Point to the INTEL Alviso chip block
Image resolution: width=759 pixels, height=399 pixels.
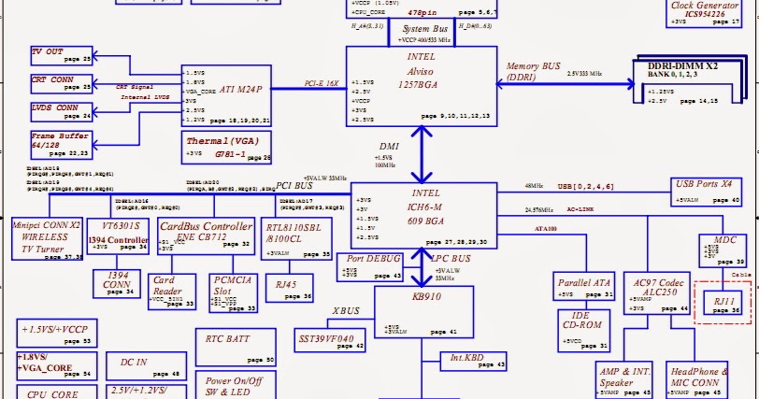pyautogui.click(x=420, y=85)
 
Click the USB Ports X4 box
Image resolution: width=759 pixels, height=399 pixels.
pyautogui.click(x=706, y=191)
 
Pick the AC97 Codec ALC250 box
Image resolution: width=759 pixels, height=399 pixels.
pyautogui.click(x=661, y=293)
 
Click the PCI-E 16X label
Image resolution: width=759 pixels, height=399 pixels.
pyautogui.click(x=322, y=83)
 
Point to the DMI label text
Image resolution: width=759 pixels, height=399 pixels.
pyautogui.click(x=389, y=147)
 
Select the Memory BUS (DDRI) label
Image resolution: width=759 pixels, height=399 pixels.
pyautogui.click(x=534, y=72)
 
